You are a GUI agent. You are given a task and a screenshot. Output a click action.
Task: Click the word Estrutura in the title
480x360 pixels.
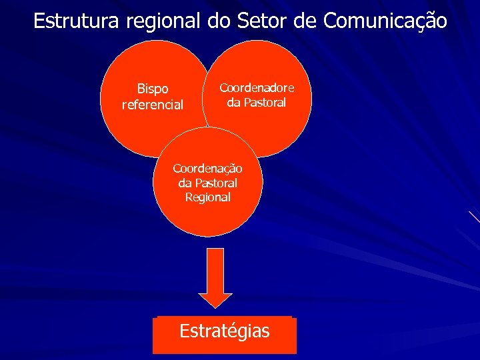[76, 21]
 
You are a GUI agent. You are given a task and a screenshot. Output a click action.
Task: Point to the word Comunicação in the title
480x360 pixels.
[385, 21]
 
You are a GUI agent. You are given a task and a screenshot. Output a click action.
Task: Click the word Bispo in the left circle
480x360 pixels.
[153, 89]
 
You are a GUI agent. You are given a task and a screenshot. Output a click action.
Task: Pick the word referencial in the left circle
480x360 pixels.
[153, 104]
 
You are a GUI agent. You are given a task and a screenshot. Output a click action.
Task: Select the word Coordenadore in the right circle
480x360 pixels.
[257, 88]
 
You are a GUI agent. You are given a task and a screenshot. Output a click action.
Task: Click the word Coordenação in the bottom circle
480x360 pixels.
[207, 169]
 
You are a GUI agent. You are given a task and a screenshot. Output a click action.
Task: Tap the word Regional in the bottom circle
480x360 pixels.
[207, 197]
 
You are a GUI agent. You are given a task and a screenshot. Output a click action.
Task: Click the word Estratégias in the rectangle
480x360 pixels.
[224, 331]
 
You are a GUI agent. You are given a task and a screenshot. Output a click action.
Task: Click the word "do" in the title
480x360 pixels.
[218, 21]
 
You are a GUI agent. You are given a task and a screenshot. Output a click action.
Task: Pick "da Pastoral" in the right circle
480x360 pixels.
[257, 103]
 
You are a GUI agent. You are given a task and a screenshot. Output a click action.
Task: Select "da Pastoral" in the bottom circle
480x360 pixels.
[207, 183]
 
